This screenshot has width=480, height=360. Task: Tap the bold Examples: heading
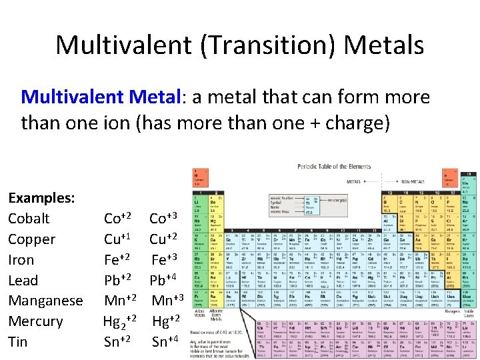pos(41,198)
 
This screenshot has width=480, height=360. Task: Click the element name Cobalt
pos(29,219)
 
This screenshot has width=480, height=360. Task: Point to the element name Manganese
pos(45,301)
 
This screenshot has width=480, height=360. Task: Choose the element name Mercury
pos(35,321)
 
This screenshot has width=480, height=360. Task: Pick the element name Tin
pos(17,342)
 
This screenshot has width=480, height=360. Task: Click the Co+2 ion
pos(117,218)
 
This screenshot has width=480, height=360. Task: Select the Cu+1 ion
pos(117,239)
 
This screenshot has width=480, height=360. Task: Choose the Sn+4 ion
pos(165,342)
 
